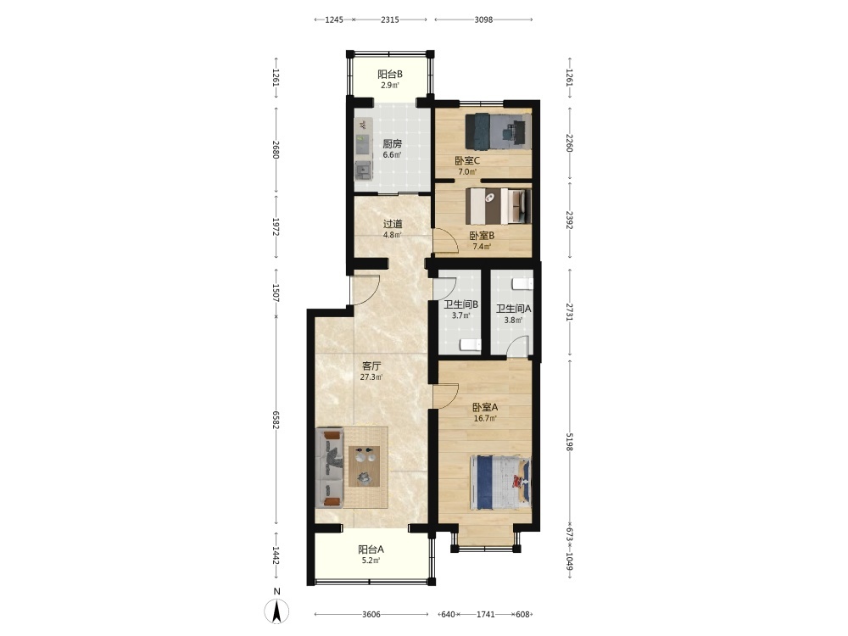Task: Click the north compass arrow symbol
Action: coord(276,611)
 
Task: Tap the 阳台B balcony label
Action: coord(389,75)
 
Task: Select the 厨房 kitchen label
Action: coord(392,144)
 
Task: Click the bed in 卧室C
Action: coord(498,131)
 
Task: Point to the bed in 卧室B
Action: coord(498,205)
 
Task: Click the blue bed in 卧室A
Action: coord(501,483)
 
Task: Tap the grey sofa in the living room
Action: coord(329,468)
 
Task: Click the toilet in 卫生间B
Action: coord(470,344)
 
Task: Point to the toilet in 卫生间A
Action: coord(522,284)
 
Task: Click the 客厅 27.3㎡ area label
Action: coord(371,371)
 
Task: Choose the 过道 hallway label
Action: coord(393,224)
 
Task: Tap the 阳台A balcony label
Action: coord(371,550)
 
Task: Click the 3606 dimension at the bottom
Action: coord(371,614)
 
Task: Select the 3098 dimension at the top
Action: coord(483,20)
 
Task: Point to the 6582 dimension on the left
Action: coord(276,421)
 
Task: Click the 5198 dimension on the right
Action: coord(569,441)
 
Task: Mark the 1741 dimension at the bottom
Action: coord(486,614)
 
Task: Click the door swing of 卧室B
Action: coord(447,241)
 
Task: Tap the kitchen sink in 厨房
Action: coord(363,170)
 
